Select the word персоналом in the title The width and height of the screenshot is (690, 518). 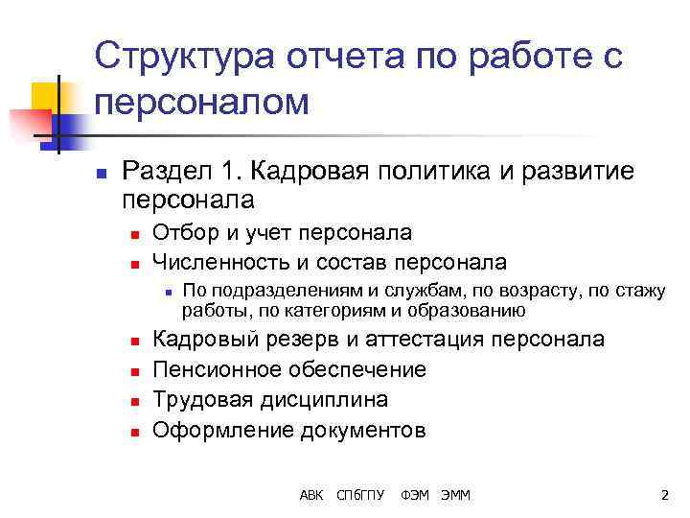tap(203, 104)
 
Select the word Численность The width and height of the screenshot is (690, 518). tap(218, 262)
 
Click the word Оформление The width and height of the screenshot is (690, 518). tap(219, 429)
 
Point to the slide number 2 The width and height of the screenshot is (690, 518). tap(664, 495)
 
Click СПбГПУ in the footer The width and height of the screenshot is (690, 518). tap(360, 495)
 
